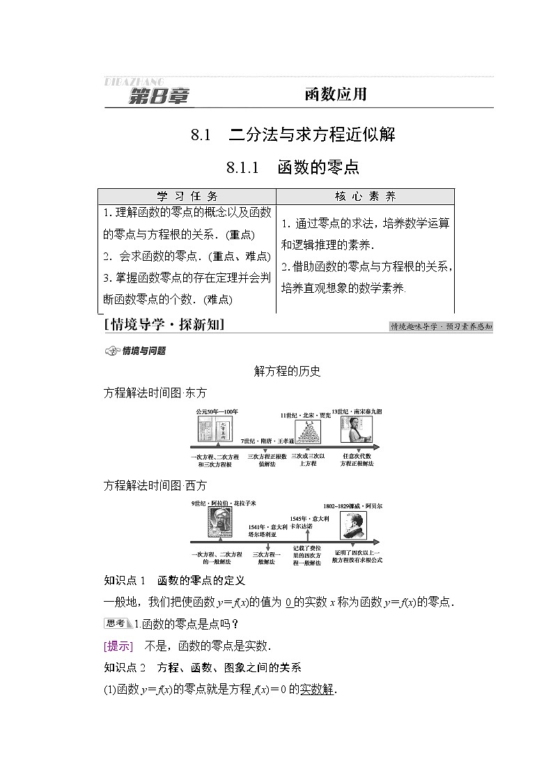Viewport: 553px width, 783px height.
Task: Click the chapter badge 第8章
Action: coord(159,96)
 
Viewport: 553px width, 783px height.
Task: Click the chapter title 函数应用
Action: coord(335,96)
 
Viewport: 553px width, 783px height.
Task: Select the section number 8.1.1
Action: coord(242,167)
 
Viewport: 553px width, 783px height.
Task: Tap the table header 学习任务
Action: coord(187,197)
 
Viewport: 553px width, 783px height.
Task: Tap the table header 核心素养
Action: coord(366,197)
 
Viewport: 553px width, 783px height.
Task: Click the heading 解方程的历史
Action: coord(288,372)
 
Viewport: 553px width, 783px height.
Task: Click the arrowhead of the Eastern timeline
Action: coord(377,447)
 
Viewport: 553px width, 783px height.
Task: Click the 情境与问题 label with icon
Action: coord(136,351)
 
